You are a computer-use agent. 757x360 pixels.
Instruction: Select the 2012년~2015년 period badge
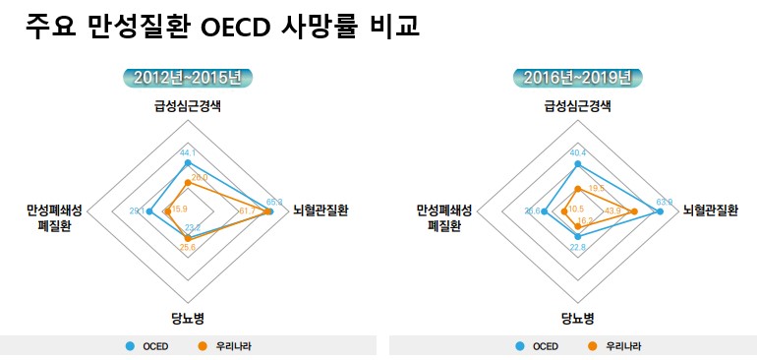[x=188, y=77]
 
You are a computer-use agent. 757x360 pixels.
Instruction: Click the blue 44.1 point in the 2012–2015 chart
[x=187, y=162]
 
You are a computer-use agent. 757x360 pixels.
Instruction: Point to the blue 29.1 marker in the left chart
[x=147, y=210]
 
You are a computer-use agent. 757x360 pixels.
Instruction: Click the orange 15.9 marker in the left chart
[x=168, y=210]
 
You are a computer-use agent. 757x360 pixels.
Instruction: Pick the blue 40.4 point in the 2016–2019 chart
[x=578, y=164]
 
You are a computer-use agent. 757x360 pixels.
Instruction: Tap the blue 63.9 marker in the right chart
[x=661, y=210]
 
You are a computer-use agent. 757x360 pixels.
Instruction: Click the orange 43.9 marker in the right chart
[x=634, y=210]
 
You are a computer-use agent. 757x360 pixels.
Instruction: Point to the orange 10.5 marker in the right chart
[x=564, y=210]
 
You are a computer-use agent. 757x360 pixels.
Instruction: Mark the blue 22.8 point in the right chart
[x=578, y=236]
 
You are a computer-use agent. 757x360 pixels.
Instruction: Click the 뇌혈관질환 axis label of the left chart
[x=320, y=210]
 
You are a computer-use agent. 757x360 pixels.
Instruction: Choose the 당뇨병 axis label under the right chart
[x=578, y=318]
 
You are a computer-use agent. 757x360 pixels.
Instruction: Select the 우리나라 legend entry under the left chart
[x=221, y=346]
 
